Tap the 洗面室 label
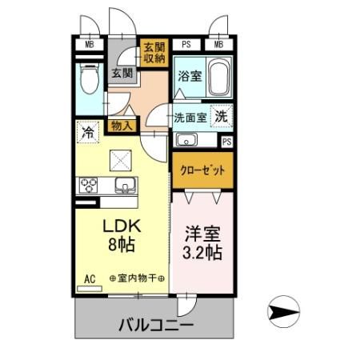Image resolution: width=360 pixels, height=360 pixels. coord(190,117)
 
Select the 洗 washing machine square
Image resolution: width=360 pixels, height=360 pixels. coord(222,114)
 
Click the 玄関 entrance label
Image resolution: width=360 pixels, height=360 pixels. coord(122,74)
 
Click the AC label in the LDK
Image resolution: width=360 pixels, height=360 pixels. coord(90,278)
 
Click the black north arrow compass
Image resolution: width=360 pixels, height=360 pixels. coord(283,308)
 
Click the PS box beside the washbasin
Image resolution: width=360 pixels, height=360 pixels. coord(227,142)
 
